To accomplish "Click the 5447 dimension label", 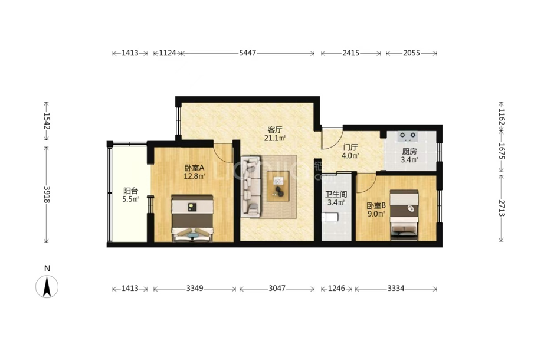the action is [248, 53].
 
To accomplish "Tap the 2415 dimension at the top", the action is [350, 53].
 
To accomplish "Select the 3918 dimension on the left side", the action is [47, 195].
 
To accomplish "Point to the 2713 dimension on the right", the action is [502, 208].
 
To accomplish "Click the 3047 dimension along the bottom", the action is [277, 289].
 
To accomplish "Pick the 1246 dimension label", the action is [336, 289].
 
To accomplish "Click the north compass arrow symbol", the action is [47, 286].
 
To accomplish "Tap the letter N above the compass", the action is [47, 269].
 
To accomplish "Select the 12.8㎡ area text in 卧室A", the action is [194, 176].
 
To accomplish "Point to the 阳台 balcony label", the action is [131, 191].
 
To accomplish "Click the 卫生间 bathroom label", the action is [336, 195].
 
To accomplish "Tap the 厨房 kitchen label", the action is [409, 152].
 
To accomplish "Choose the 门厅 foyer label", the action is [350, 147].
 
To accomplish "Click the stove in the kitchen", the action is [408, 136].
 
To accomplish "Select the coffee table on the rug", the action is [278, 186].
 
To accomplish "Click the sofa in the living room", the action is [251, 186].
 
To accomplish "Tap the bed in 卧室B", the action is [404, 215].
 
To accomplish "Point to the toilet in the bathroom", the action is [330, 218].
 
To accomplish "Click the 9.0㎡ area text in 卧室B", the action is [376, 214].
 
